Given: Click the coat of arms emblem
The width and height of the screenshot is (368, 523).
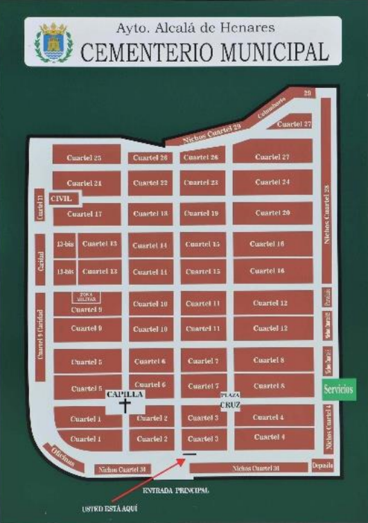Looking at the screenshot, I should pyautogui.click(x=53, y=42).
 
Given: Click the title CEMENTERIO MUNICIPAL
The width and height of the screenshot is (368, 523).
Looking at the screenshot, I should pyautogui.click(x=204, y=51).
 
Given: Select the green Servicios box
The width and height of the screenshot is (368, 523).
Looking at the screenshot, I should pyautogui.click(x=339, y=389).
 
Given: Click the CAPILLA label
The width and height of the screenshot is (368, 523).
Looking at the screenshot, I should pyautogui.click(x=125, y=394).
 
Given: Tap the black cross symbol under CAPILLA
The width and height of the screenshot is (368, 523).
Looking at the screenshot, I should pyautogui.click(x=125, y=406).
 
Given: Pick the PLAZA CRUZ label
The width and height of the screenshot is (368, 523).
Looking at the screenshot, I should pyautogui.click(x=229, y=399).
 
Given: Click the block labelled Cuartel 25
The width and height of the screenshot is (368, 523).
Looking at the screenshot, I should pyautogui.click(x=84, y=158).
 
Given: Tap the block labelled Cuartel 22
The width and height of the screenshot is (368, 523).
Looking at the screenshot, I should pyautogui.click(x=150, y=183).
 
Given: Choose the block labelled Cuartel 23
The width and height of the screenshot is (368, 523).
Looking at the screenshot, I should pyautogui.click(x=202, y=183).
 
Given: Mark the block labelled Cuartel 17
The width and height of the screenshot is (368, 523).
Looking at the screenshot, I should pyautogui.click(x=85, y=214).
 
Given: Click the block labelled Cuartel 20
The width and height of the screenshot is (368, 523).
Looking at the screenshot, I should pyautogui.click(x=272, y=213).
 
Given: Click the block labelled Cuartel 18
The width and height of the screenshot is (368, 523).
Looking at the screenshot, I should pyautogui.click(x=150, y=214).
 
